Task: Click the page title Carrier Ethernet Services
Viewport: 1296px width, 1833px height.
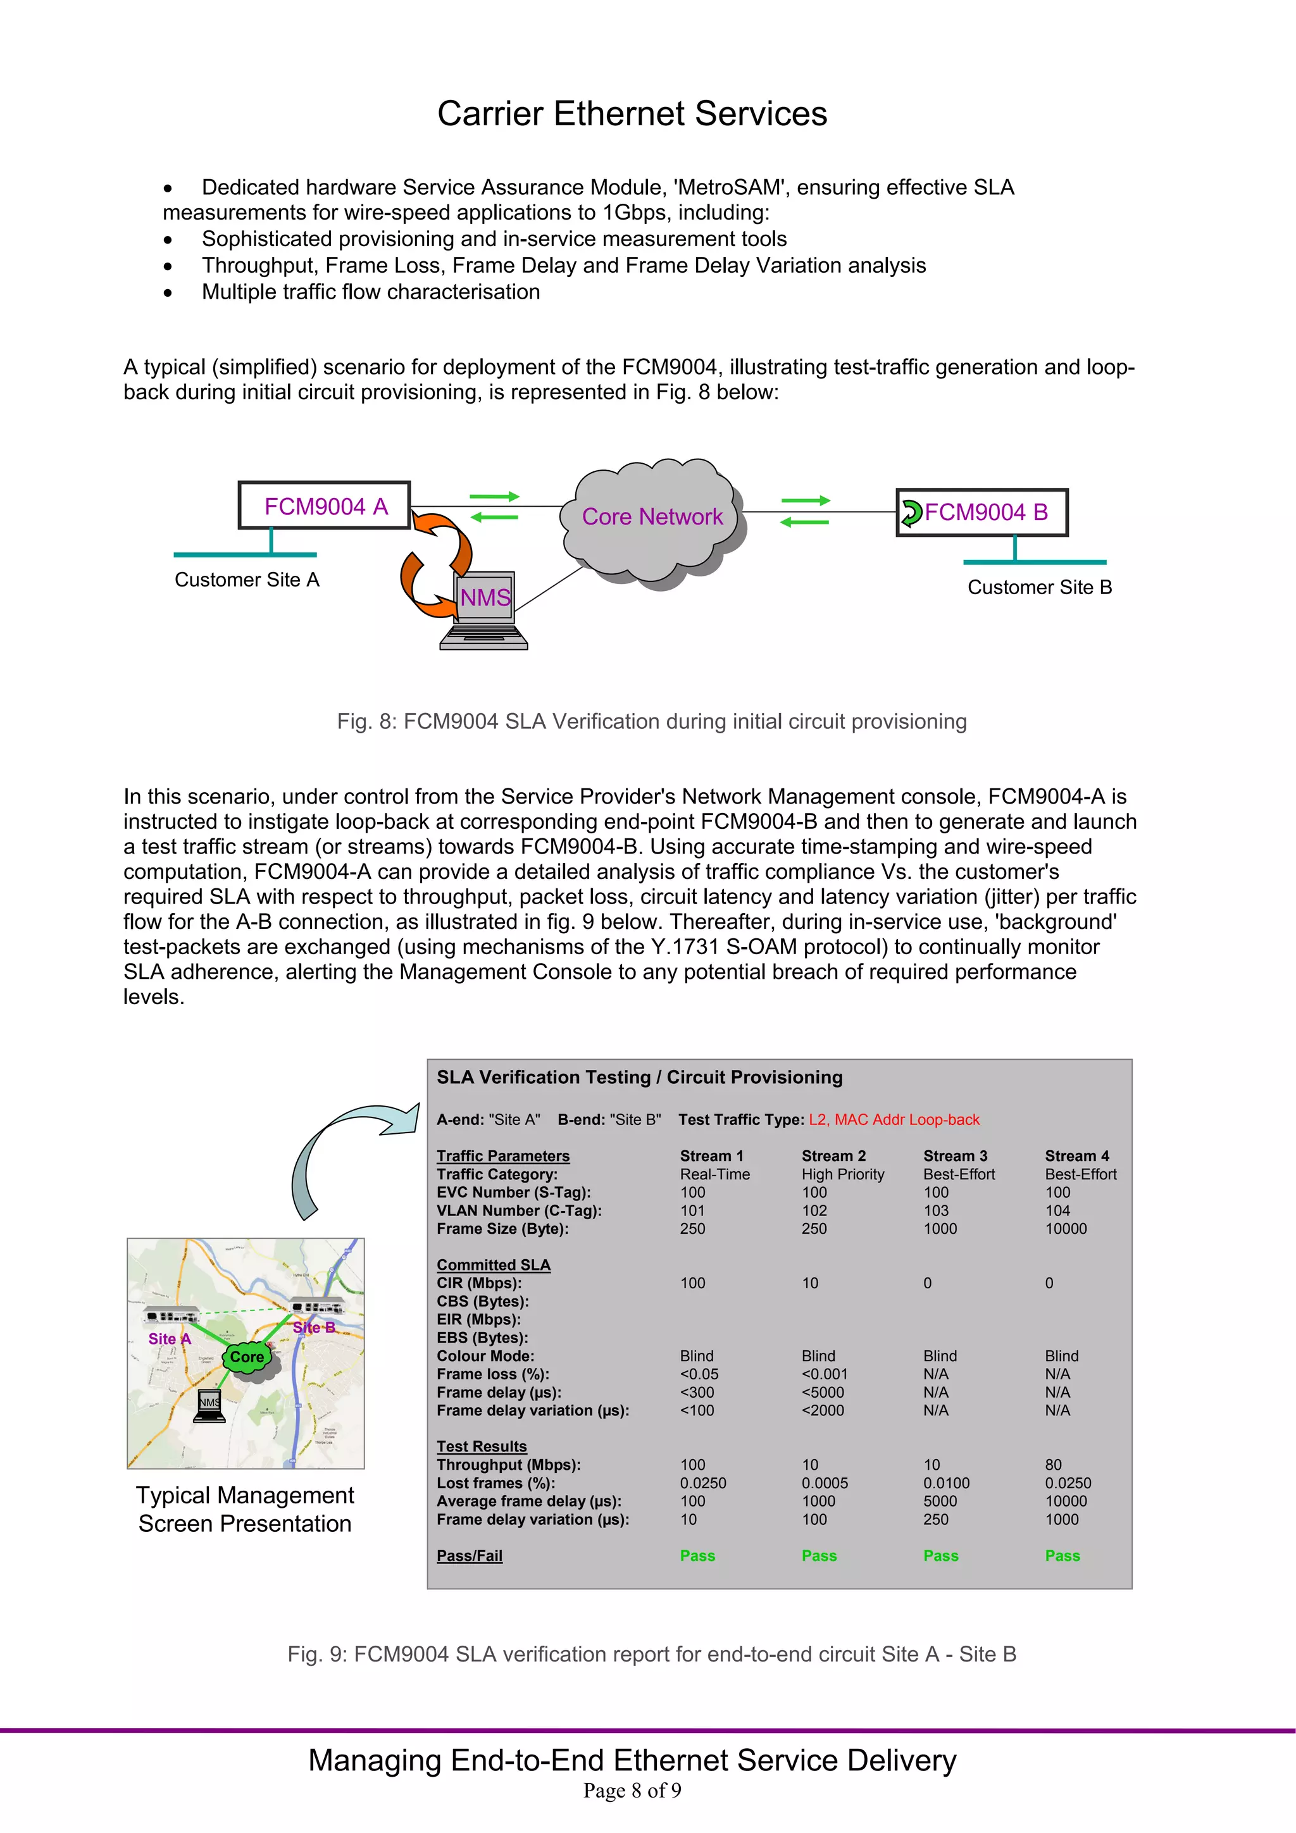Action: click(632, 113)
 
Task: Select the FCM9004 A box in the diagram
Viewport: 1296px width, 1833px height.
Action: click(324, 506)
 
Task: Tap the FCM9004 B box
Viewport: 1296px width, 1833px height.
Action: click(982, 513)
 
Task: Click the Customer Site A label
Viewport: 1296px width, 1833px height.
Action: click(247, 580)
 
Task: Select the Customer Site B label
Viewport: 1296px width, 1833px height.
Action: click(1039, 588)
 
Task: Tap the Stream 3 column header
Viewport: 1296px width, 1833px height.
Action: click(955, 1156)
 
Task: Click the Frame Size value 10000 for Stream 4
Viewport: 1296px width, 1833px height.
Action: click(1065, 1229)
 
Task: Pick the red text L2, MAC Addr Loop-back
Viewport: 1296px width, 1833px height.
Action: click(894, 1119)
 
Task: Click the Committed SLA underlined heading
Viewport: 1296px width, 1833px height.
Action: click(493, 1265)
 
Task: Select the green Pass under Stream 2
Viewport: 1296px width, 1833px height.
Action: click(818, 1555)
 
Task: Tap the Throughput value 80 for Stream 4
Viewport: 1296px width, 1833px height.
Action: click(1053, 1464)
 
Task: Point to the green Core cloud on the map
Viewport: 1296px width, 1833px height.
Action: click(247, 1357)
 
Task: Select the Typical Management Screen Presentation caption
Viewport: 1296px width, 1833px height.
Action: click(244, 1509)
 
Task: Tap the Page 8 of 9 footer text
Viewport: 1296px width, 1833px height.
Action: click(632, 1791)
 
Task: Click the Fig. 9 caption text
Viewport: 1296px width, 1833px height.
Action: click(651, 1654)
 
